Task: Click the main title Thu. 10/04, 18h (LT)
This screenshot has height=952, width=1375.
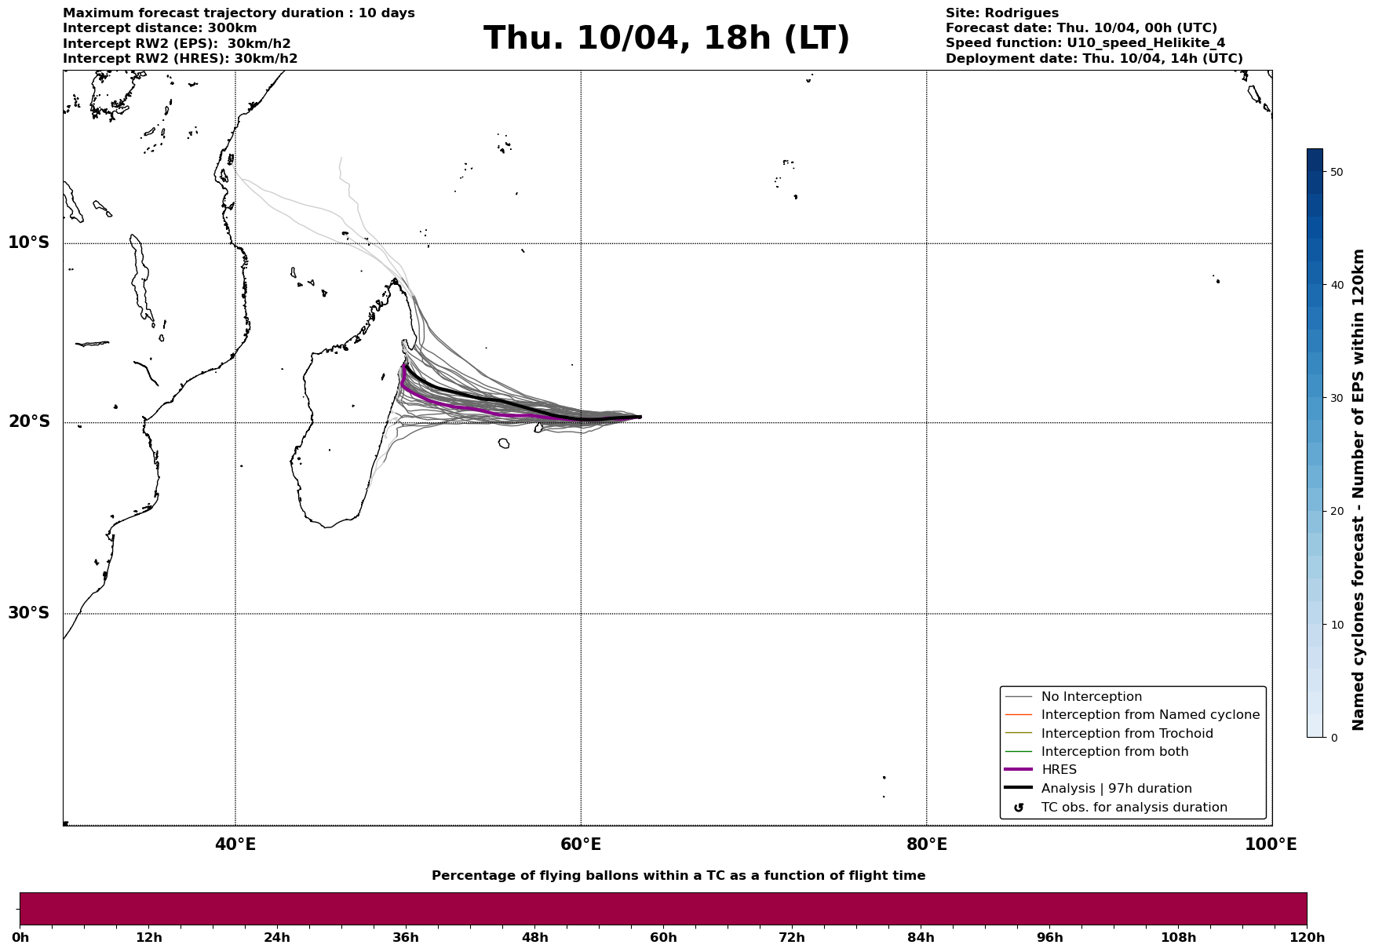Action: tap(666, 38)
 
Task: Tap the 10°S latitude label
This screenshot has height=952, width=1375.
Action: tap(29, 243)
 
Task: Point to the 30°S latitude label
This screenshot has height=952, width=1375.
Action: tap(29, 613)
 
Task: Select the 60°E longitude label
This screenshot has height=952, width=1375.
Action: tap(581, 844)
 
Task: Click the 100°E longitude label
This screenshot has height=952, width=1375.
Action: tap(1271, 844)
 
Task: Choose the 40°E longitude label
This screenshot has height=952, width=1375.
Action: tap(235, 844)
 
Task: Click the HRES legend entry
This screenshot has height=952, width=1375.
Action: tap(1059, 770)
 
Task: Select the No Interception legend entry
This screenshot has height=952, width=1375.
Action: tap(1091, 697)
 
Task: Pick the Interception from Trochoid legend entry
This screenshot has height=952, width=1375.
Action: tap(1126, 734)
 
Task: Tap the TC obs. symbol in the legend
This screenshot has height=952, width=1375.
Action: tap(1019, 808)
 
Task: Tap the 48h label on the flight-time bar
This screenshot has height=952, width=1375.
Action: tap(535, 938)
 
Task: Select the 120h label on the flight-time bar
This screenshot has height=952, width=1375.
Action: tap(1307, 938)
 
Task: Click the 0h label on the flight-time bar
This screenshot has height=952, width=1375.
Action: tap(20, 938)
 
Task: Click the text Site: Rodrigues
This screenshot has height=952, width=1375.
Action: tap(1001, 13)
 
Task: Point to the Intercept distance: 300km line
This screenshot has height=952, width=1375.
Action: tap(159, 28)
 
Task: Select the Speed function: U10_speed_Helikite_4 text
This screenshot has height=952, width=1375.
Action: tap(1085, 43)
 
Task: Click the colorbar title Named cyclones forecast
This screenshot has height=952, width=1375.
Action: tap(1359, 490)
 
